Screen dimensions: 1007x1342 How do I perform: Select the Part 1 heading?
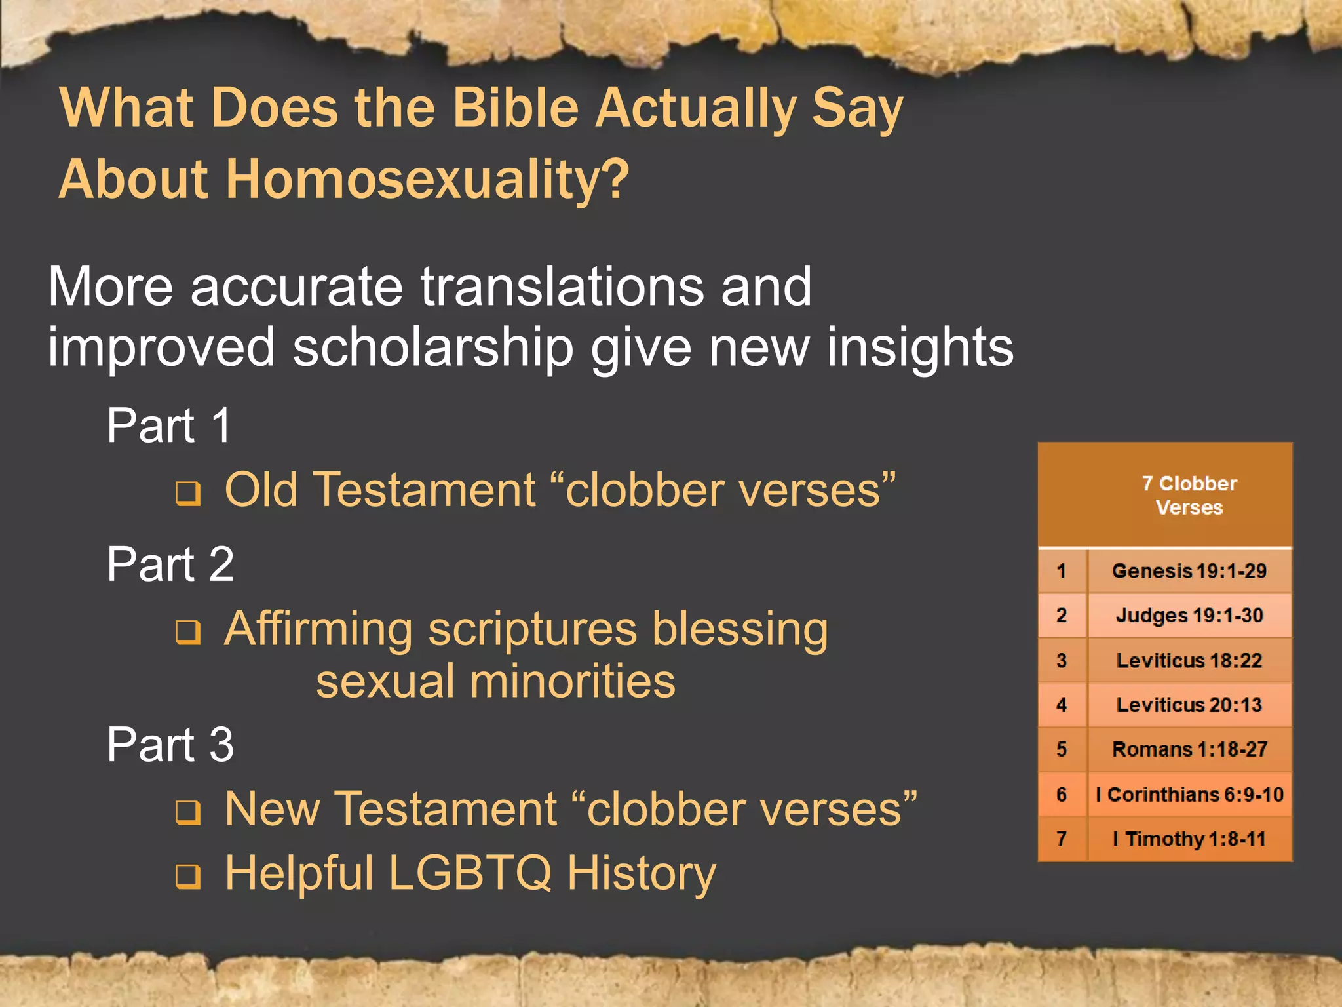coord(169,425)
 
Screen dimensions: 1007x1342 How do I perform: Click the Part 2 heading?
coord(170,564)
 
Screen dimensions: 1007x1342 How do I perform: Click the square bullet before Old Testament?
coord(188,493)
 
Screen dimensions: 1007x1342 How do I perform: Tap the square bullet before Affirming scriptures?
coord(188,632)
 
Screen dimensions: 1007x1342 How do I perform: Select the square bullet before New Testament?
coord(188,812)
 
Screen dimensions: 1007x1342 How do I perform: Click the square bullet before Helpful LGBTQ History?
coord(188,876)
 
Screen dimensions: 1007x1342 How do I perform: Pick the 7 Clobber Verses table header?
coord(1189,495)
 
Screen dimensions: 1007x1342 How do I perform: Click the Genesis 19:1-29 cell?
coord(1189,571)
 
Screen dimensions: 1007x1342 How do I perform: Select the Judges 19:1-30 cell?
coord(1189,616)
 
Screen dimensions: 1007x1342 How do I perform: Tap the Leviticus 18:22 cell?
coord(1189,660)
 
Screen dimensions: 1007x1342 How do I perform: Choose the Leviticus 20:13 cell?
coord(1189,705)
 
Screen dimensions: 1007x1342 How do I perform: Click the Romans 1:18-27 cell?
coord(1189,749)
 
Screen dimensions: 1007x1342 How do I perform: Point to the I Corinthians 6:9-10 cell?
coord(1189,795)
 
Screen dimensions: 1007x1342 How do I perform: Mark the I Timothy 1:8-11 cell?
coord(1189,839)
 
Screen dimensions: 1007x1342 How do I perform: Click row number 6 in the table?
coord(1062,795)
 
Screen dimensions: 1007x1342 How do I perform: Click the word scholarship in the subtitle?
coord(432,348)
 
